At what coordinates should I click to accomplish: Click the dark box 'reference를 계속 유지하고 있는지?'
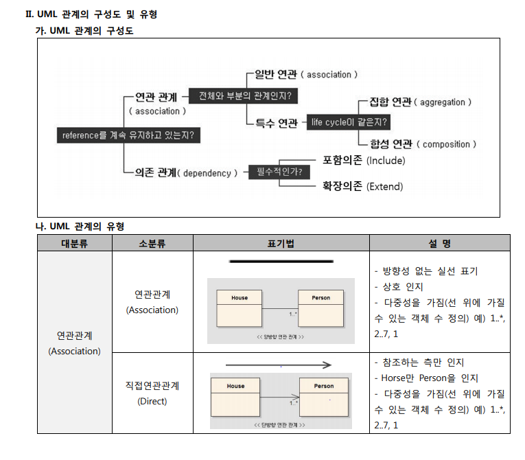(x=128, y=135)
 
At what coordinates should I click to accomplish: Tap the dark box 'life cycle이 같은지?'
(x=349, y=123)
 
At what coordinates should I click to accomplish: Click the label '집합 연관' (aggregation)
(x=390, y=102)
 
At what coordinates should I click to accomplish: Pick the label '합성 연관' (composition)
(x=390, y=143)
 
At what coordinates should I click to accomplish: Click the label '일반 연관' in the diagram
(x=277, y=74)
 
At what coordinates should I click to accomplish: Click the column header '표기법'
(x=281, y=243)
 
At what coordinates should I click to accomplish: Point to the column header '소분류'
(x=152, y=243)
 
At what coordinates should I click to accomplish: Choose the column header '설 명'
(x=439, y=243)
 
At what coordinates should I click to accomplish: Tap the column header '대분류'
(x=74, y=243)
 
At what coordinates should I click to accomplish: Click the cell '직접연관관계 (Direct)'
(x=152, y=393)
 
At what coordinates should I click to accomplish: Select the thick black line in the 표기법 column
(x=281, y=261)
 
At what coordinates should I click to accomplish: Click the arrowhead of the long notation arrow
(x=327, y=365)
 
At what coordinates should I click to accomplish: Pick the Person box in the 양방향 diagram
(x=320, y=308)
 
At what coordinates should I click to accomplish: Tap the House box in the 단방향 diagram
(x=235, y=395)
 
